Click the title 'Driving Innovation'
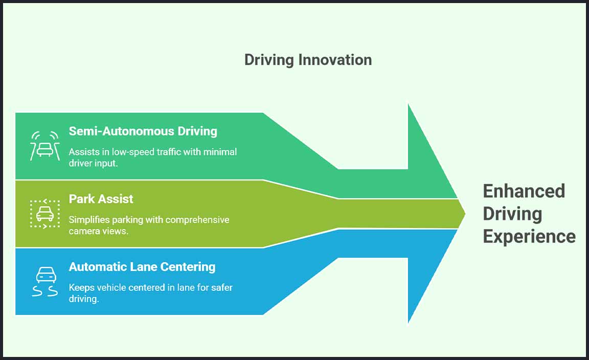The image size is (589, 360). (308, 60)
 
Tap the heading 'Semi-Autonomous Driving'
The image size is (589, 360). (143, 131)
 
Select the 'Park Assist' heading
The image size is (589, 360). (101, 199)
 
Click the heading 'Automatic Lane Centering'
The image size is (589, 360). (142, 266)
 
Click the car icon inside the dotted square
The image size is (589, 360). (44, 214)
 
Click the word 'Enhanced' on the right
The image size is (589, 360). (524, 191)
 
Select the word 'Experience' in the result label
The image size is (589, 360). (529, 237)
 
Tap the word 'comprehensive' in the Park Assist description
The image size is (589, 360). (197, 220)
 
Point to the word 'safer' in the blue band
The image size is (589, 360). (220, 287)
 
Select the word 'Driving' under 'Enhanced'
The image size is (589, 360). (512, 214)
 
